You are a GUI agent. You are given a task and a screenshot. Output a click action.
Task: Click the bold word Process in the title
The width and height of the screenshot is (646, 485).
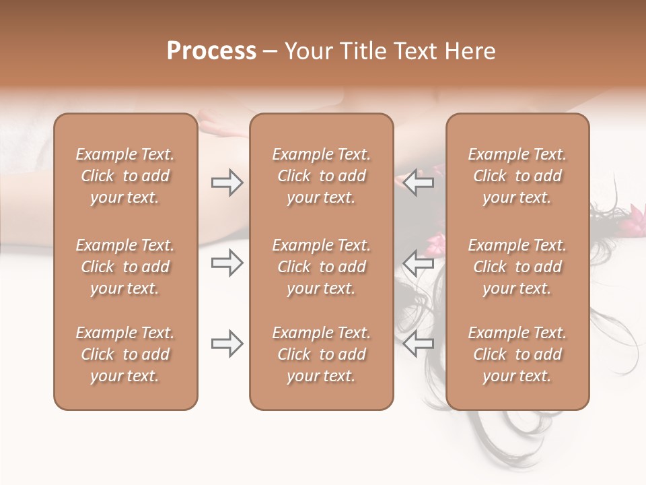tap(211, 51)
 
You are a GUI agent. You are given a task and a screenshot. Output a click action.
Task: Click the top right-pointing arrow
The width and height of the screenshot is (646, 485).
tap(227, 183)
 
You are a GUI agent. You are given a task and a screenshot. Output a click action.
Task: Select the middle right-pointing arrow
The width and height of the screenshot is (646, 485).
tap(227, 263)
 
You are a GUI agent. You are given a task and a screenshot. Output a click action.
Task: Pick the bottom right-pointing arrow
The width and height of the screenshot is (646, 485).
tap(227, 344)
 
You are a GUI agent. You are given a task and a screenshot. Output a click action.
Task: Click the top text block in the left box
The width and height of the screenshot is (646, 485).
tap(125, 176)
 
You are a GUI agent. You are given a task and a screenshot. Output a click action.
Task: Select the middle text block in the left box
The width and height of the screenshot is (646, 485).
tap(125, 267)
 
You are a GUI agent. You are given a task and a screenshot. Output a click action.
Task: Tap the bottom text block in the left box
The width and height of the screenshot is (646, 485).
tap(125, 354)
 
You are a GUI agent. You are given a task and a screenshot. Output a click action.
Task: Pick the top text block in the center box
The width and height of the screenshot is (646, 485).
tap(321, 176)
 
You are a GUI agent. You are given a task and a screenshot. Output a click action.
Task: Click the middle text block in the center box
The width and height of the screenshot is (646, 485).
tap(321, 267)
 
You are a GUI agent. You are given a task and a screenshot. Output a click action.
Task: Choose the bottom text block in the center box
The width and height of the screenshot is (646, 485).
tap(321, 354)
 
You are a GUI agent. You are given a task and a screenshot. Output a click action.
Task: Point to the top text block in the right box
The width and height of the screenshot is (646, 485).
tap(517, 176)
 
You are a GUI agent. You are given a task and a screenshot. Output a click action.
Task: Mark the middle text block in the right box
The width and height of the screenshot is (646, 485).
tap(517, 267)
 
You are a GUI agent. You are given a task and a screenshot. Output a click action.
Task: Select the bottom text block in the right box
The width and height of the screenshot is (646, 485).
tap(517, 354)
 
